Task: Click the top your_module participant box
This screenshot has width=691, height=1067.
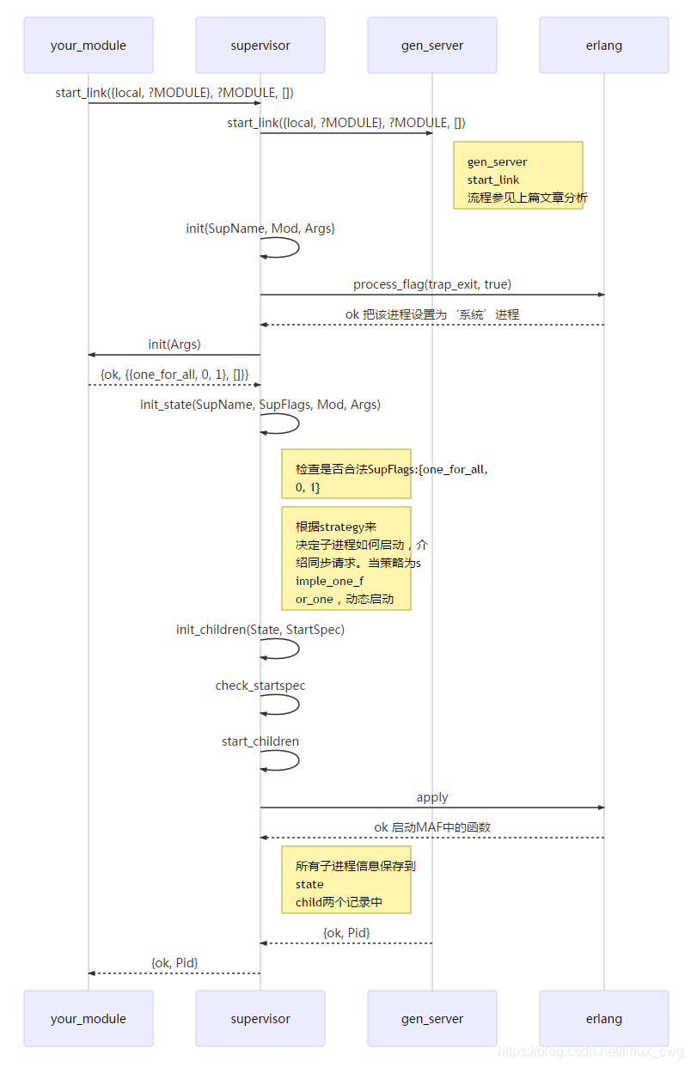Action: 89,45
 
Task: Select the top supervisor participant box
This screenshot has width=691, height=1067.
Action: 260,45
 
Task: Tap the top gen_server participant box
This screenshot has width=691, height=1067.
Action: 432,45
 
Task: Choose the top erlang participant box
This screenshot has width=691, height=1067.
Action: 604,45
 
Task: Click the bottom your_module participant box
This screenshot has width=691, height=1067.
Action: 89,1018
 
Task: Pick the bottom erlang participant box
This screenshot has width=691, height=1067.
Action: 604,1018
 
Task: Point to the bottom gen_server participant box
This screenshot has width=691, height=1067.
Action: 432,1018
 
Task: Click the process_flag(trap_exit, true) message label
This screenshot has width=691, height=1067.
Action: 432,284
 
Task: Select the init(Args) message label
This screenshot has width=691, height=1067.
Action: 174,344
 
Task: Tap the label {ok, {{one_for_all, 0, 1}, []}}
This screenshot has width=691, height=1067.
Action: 174,374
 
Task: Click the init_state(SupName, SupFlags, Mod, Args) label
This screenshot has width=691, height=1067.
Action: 260,404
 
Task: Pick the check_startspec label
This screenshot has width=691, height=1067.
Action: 260,686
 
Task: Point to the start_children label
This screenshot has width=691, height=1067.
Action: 260,741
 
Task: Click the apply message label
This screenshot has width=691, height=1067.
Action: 432,797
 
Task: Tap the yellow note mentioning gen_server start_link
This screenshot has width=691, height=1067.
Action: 518,175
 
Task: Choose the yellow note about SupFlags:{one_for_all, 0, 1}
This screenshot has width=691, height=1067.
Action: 346,473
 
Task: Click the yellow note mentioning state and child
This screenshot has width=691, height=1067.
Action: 346,879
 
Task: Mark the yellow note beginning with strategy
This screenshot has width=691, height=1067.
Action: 346,558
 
